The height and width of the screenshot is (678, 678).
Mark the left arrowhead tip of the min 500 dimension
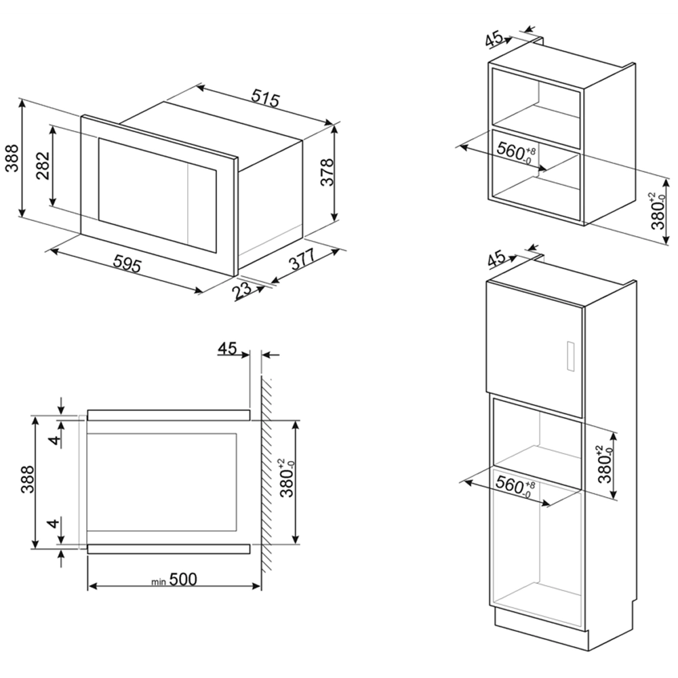pyautogui.click(x=88, y=586)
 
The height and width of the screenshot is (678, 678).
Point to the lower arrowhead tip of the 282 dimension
pyautogui.click(x=53, y=206)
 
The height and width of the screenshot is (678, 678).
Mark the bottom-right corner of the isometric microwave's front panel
pyautogui.click(x=234, y=277)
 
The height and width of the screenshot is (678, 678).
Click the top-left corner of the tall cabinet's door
pyautogui.click(x=487, y=281)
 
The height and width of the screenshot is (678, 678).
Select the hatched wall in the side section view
pyautogui.click(x=266, y=475)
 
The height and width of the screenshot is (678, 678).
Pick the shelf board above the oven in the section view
pyautogui.click(x=169, y=415)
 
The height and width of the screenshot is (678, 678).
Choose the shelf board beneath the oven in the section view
pyautogui.click(x=169, y=549)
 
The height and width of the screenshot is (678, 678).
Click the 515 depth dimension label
pyautogui.click(x=266, y=99)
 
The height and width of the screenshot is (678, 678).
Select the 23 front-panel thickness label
pyautogui.click(x=242, y=290)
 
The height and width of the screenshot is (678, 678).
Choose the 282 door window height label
pyautogui.click(x=43, y=166)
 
